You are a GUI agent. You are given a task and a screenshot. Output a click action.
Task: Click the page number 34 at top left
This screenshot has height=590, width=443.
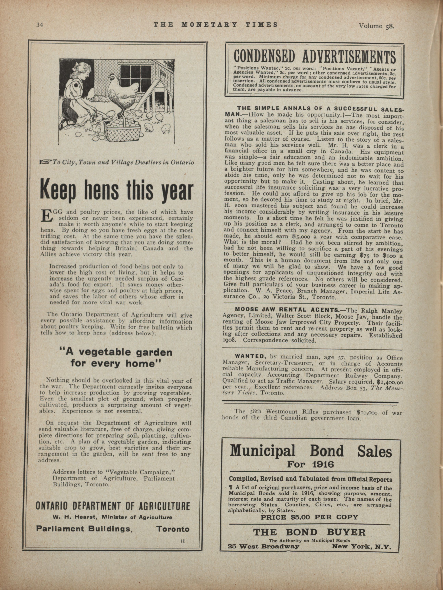(40, 25)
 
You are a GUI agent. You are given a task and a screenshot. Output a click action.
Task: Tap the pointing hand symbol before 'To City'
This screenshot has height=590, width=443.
(45, 162)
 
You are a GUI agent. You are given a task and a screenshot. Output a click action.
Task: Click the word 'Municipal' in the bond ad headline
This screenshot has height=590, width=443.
(262, 450)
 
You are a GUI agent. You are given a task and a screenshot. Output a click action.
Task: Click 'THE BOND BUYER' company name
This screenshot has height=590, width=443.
(309, 532)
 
